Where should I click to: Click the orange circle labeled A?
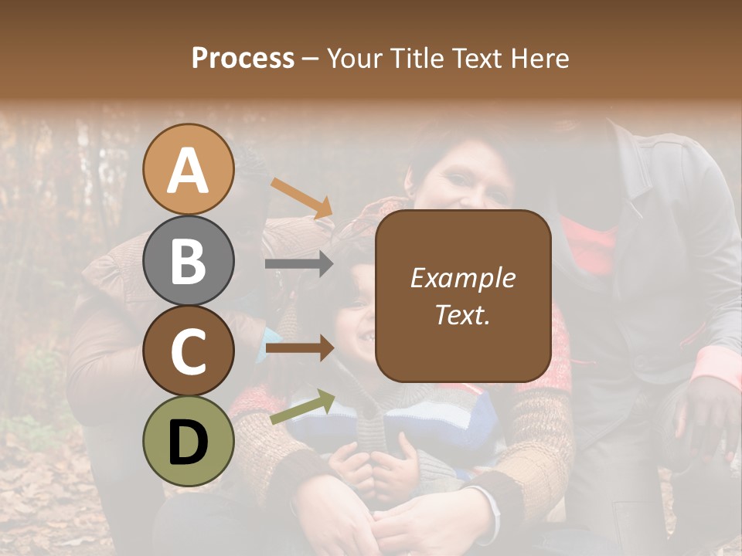point(188,169)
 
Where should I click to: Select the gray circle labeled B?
point(188,260)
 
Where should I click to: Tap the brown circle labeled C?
point(188,351)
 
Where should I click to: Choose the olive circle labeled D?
point(188,441)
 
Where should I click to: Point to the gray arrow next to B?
point(300,264)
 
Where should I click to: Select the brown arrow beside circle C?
point(300,349)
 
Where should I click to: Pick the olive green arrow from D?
point(302,407)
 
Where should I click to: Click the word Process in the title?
point(243,59)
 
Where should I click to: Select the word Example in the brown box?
point(463,278)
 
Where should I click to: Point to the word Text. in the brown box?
point(463,314)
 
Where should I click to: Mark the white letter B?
point(188,261)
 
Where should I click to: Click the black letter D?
point(188,442)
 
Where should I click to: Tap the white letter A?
point(188,171)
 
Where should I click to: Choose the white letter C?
point(188,351)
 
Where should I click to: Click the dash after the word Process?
point(311,59)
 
